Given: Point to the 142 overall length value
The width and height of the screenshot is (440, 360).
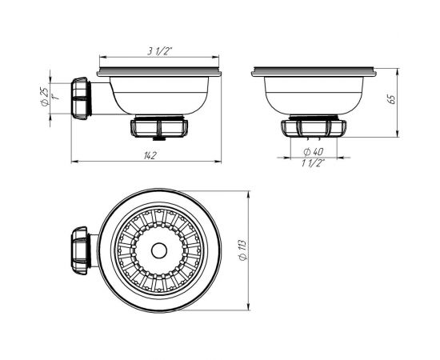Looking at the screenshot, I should (148, 154).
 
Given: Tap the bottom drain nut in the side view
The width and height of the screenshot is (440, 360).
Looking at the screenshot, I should (158, 127).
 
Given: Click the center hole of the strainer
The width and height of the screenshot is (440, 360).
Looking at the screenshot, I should (158, 250).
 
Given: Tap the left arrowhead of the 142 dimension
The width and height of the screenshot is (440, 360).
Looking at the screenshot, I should (74, 163).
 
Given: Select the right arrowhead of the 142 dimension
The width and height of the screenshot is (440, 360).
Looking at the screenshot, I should (221, 163).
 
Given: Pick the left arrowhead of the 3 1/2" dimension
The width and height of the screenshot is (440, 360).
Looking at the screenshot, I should (100, 58).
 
